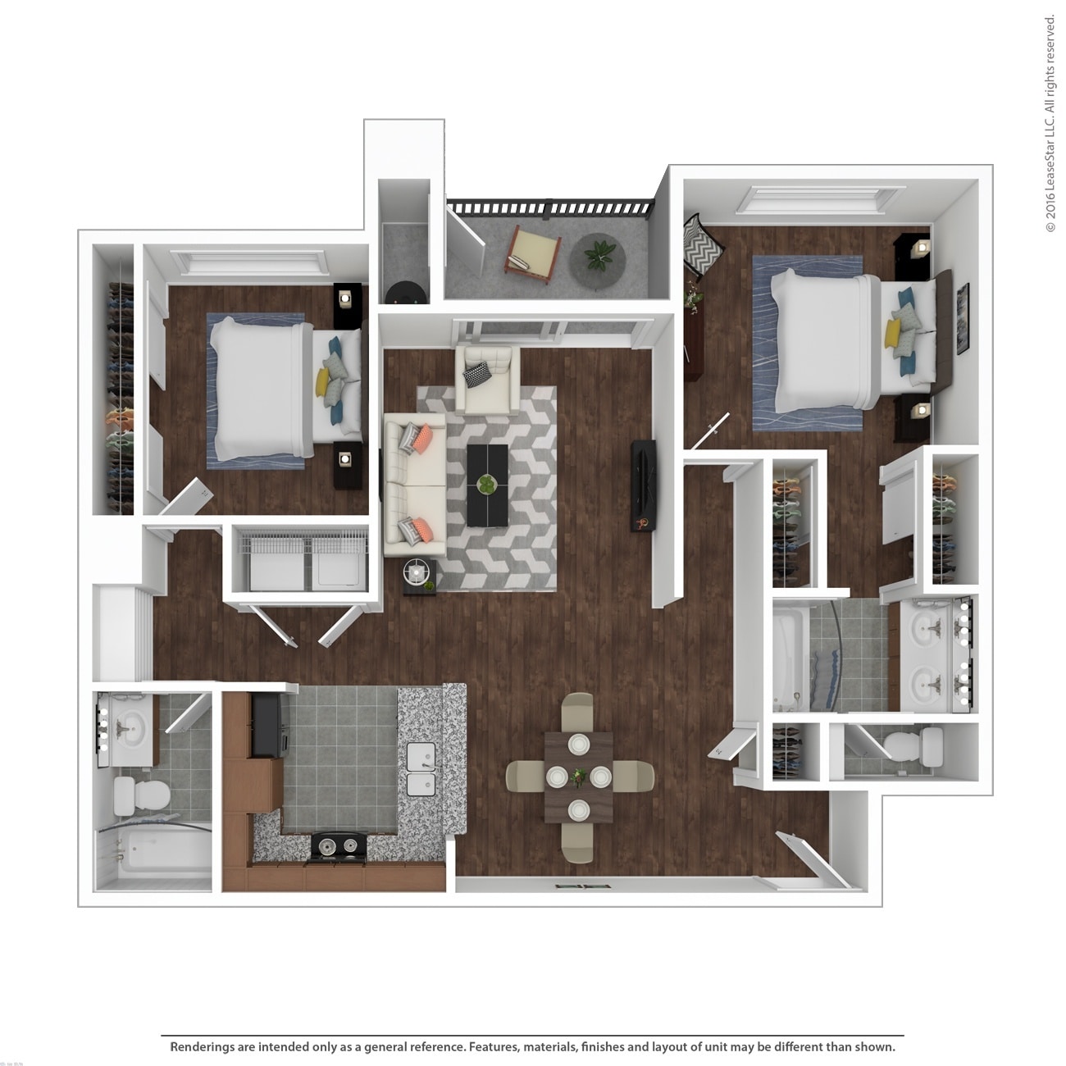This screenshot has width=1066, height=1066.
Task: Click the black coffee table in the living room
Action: point(488,485)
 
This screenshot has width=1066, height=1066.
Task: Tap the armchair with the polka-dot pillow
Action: point(485,379)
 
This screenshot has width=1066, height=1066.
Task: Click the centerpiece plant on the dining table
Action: point(580,775)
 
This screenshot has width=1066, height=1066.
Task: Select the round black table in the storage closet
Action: point(405,293)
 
